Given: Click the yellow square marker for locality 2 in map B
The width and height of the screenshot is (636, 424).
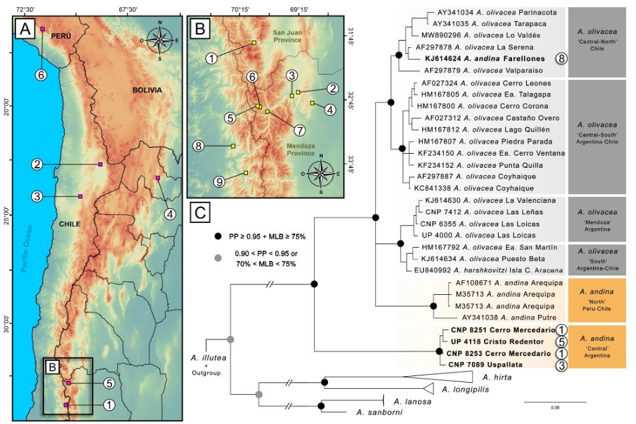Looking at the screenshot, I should [298, 92].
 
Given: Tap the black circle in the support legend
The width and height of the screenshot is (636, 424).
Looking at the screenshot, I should [217, 236].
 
